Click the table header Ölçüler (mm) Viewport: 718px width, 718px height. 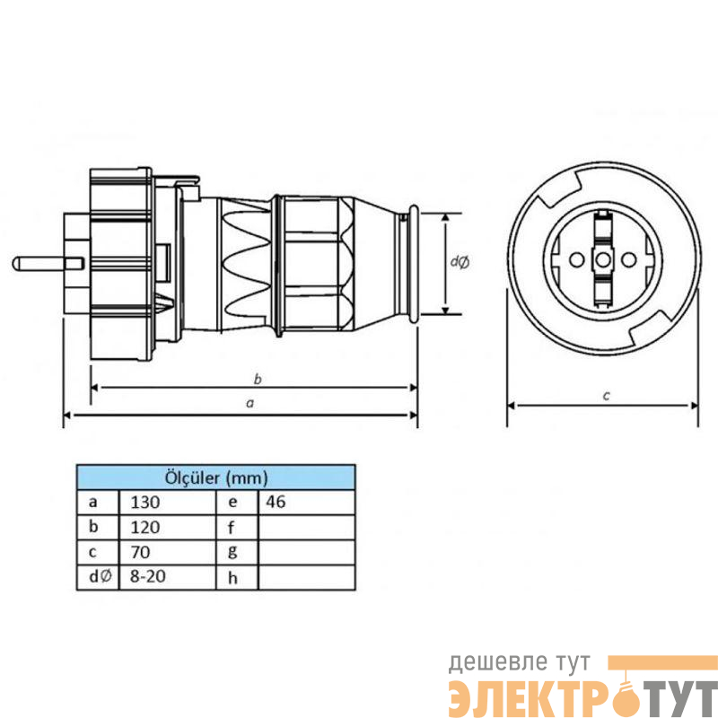click(215, 478)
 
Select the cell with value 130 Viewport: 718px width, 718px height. click(167, 503)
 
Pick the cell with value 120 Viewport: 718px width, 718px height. click(167, 527)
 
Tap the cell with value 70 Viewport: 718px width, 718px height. click(167, 552)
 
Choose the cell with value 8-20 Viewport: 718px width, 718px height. click(167, 576)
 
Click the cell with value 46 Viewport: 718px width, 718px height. click(306, 503)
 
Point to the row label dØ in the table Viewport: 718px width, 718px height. click(100, 576)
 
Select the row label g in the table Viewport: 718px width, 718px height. click(232, 552)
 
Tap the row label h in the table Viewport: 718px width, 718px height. click(232, 578)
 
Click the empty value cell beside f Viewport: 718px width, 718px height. click(306, 527)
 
